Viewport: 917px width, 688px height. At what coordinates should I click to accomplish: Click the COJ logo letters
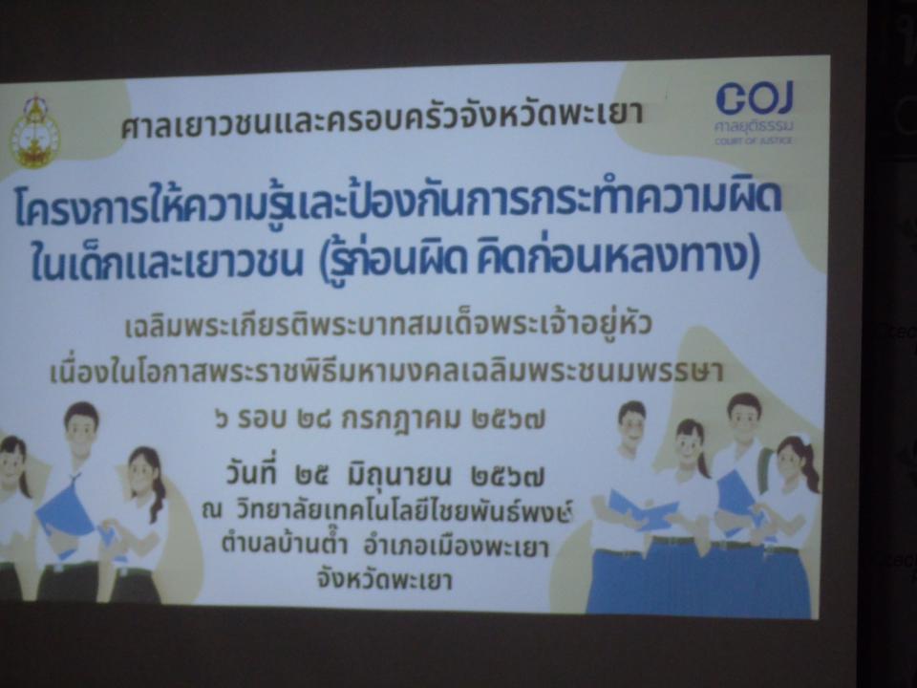tap(755, 97)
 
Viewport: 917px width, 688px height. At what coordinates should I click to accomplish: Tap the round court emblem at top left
tap(35, 133)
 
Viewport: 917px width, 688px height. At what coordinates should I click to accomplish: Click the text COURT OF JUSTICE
tap(754, 140)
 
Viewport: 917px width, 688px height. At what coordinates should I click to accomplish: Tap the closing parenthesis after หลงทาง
tap(754, 258)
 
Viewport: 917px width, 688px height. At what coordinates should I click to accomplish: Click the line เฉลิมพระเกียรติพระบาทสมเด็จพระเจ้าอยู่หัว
tap(388, 325)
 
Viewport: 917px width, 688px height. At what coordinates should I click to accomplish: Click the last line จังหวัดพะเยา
tap(384, 579)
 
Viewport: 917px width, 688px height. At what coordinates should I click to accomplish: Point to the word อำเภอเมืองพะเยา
tap(457, 547)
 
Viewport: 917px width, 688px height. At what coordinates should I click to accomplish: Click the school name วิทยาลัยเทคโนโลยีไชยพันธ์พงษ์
tap(403, 510)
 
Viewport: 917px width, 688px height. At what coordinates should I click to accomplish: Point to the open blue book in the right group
tap(642, 510)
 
